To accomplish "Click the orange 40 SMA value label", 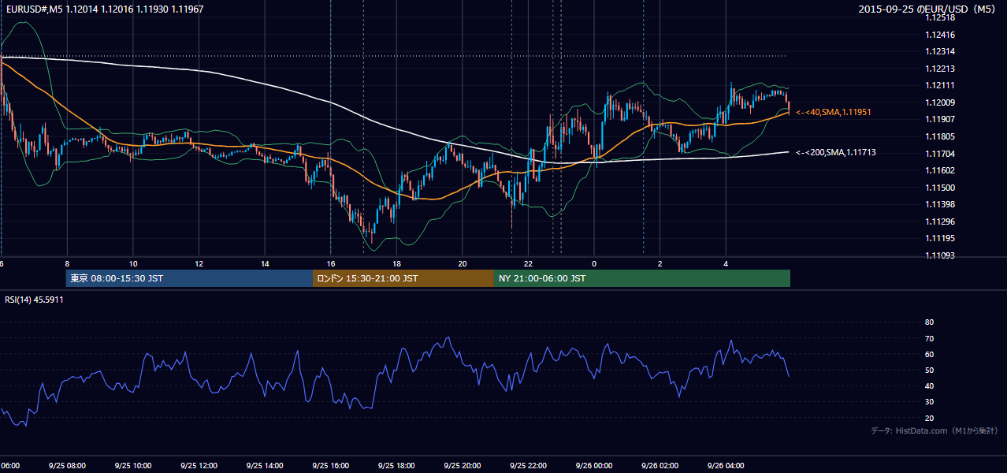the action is point(834,112).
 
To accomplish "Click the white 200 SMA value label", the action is point(836,152).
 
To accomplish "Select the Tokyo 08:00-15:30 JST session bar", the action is point(189,278).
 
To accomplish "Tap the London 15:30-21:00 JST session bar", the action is point(403,278).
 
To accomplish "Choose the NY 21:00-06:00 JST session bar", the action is point(642,278).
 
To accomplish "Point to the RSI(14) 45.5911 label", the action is point(34,300).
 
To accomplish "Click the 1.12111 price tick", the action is point(940,85).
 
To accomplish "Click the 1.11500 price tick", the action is point(940,188).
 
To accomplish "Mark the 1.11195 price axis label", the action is point(940,238).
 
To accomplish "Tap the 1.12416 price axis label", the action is point(940,35).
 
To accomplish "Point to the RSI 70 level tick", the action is point(929,338).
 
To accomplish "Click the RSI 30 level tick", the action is point(929,401).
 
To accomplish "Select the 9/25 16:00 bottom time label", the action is point(330,465).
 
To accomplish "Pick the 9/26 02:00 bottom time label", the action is point(660,465).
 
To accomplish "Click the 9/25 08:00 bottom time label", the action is point(67,465).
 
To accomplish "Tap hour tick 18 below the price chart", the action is point(396,264).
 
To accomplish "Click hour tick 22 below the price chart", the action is point(528,264).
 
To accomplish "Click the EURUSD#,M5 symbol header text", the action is point(34,9).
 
